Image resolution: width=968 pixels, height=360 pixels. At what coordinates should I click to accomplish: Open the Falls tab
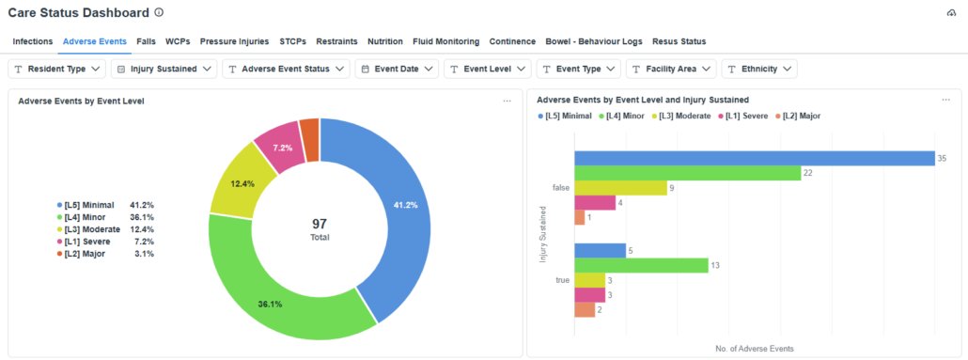click(146, 41)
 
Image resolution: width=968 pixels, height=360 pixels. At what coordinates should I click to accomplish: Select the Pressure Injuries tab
click(234, 41)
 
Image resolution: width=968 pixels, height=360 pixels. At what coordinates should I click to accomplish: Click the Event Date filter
click(398, 69)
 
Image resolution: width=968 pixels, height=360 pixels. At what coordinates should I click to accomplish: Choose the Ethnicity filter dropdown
click(759, 69)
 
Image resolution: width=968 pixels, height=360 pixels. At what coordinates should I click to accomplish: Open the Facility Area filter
click(671, 69)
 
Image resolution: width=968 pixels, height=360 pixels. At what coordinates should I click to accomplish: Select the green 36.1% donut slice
click(282, 296)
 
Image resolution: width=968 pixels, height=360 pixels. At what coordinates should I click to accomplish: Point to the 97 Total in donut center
click(320, 228)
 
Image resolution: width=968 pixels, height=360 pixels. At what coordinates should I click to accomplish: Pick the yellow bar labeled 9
click(611, 188)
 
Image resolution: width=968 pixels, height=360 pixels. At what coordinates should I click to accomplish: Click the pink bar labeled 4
click(594, 202)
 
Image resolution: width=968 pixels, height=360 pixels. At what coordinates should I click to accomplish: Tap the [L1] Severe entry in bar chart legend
click(746, 116)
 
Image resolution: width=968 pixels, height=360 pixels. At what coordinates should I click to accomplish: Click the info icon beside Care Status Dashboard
click(159, 13)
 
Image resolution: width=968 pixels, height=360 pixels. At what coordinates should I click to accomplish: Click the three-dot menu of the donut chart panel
click(507, 101)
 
